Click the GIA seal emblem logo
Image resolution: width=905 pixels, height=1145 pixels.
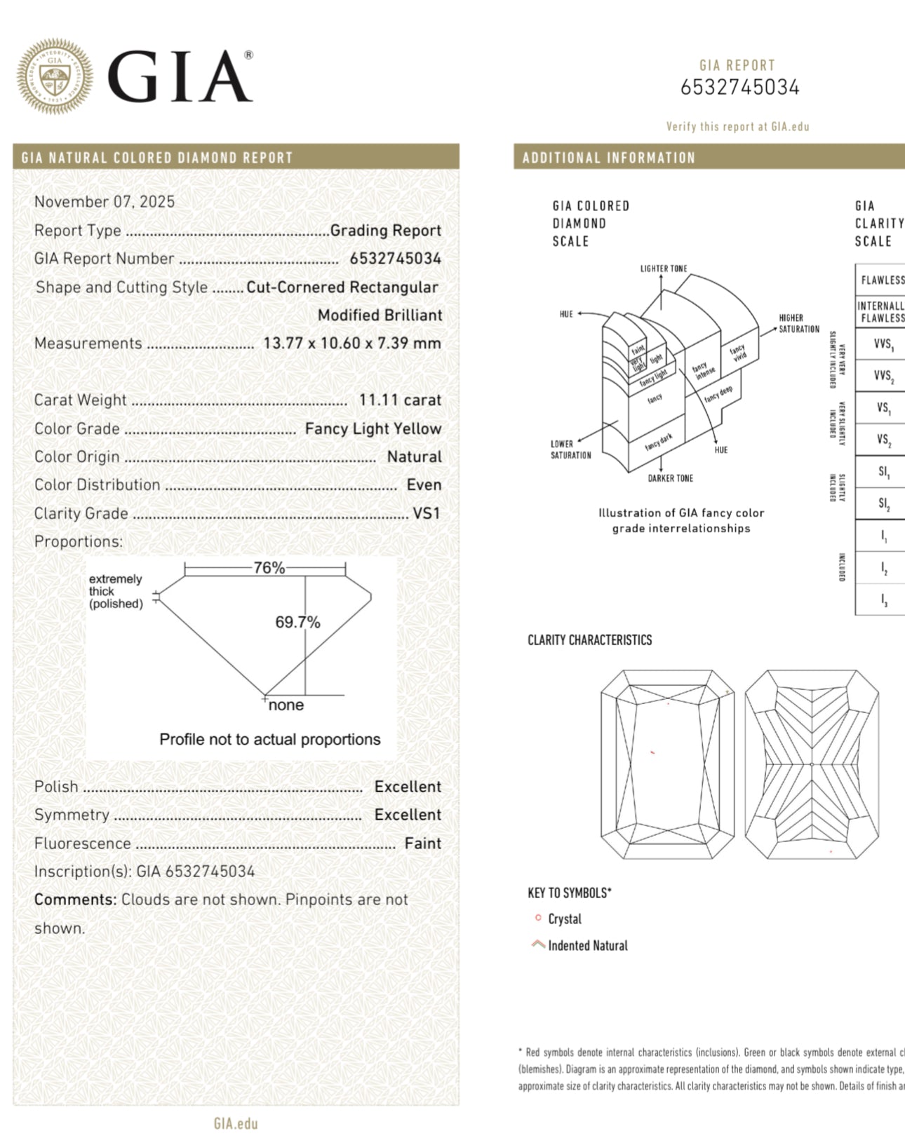(x=55, y=76)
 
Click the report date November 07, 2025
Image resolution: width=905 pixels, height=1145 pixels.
(x=105, y=202)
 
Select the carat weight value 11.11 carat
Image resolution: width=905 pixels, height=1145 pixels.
(x=400, y=400)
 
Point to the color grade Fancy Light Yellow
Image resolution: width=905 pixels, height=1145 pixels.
(x=373, y=428)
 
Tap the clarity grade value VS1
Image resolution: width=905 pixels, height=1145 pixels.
(x=427, y=513)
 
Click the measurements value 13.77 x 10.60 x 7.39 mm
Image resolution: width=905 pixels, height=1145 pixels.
(x=352, y=344)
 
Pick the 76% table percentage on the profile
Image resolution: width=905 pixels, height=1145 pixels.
(x=269, y=568)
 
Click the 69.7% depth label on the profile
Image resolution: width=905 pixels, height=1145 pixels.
(x=297, y=622)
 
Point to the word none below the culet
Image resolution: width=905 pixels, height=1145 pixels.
(x=286, y=705)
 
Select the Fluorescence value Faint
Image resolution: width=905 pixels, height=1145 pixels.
(x=423, y=843)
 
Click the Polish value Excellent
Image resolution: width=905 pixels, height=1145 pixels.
(x=408, y=787)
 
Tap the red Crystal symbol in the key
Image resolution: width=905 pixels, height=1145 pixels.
(x=538, y=918)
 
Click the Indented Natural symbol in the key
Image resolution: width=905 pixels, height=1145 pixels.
(x=538, y=944)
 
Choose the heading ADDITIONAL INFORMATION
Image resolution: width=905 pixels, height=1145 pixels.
(x=608, y=158)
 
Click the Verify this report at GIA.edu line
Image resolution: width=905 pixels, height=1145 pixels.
(x=737, y=127)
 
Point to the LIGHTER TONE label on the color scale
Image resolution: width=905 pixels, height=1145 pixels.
(x=664, y=269)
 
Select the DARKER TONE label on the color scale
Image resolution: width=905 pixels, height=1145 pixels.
(x=670, y=478)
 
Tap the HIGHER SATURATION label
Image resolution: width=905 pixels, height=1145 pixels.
(x=799, y=323)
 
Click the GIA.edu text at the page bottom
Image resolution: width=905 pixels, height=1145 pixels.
(x=236, y=1124)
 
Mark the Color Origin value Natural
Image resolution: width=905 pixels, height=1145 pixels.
(x=415, y=457)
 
